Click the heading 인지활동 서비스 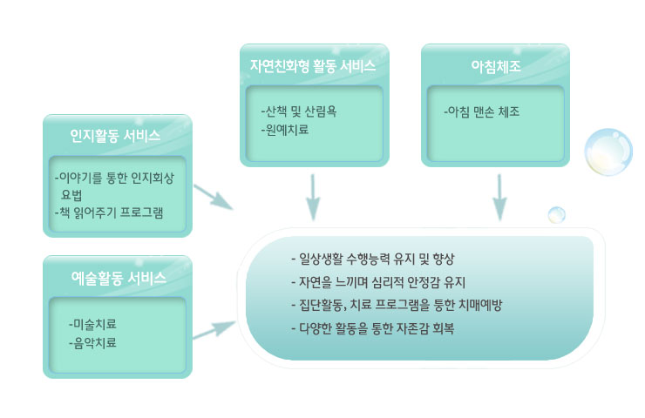coord(115,136)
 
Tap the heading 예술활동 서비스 coord(119,278)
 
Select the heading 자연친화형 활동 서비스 coord(313,66)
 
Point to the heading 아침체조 coord(496,66)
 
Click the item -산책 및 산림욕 coord(299,111)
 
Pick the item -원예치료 coord(285,130)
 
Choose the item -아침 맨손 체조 coord(482,111)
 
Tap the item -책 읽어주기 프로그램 coord(109,212)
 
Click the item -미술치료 coord(92,324)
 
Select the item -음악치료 coord(92,342)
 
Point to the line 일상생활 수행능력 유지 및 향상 coord(373,259)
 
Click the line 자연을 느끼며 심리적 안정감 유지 coord(378,282)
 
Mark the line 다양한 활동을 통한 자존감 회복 coord(373,328)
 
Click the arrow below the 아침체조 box coord(499,198)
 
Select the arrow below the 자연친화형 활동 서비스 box coord(313,198)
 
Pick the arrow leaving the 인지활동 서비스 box coord(214,198)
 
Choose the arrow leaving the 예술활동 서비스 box coord(214,330)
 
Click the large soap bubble coord(608,152)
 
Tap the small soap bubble coord(557,215)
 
